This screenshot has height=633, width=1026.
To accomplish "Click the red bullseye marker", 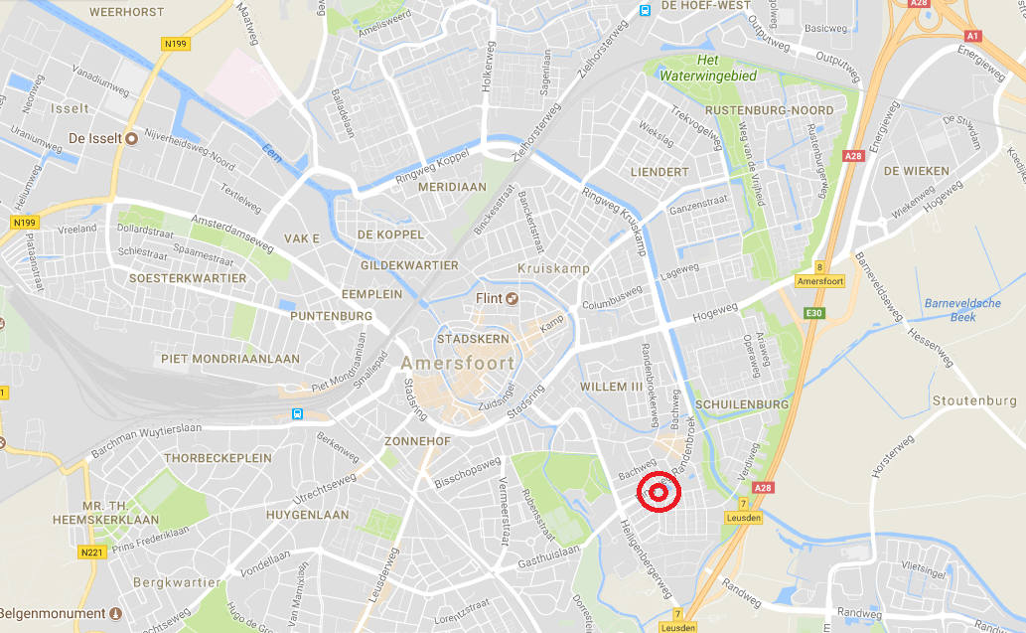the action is [658, 492].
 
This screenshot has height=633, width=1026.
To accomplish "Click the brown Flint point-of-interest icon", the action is [513, 298].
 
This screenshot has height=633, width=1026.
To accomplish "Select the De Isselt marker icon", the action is [131, 138].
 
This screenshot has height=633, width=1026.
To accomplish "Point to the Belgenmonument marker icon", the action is [115, 613].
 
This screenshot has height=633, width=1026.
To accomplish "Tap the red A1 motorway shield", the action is [972, 36].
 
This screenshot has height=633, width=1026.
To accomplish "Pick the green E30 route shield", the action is [815, 314].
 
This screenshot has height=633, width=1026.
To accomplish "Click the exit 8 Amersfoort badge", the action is [819, 274].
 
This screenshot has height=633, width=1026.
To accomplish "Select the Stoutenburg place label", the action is [974, 400].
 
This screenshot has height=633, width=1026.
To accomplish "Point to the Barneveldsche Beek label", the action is [961, 310].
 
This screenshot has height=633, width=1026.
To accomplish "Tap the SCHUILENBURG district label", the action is [742, 404].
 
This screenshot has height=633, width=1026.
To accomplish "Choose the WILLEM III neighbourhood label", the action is [612, 387].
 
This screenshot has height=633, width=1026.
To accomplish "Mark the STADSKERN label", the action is [466, 338].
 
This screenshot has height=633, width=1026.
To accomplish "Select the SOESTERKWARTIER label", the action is [187, 278].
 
